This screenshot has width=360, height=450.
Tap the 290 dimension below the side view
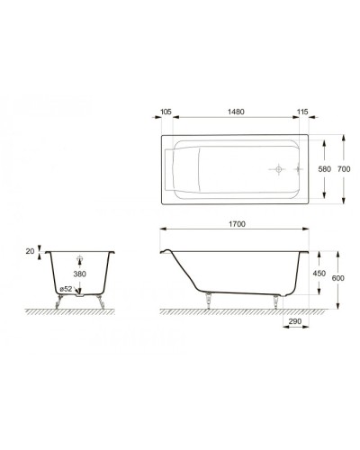coord(294,321)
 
